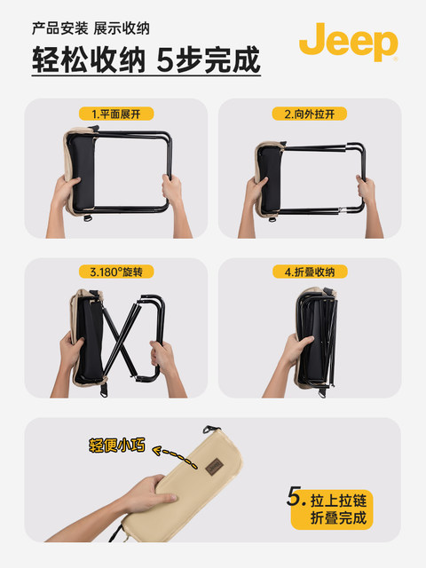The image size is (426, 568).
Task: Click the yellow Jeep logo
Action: pos(348,42)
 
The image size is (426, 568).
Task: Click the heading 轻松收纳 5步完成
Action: pos(146,59)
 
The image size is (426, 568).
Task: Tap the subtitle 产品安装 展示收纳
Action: pos(91,28)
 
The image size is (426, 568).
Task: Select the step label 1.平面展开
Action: pos(116,114)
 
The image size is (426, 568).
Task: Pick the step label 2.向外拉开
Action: pos(310,114)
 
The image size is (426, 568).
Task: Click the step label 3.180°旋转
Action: pos(116,272)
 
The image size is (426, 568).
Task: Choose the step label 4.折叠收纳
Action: pos(310,272)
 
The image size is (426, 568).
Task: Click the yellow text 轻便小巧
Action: pos(117,445)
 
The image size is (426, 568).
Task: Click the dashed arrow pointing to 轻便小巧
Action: pos(175,456)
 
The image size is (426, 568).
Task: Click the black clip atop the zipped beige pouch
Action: pos(211,430)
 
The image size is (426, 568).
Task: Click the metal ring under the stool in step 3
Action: pos(104,390)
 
